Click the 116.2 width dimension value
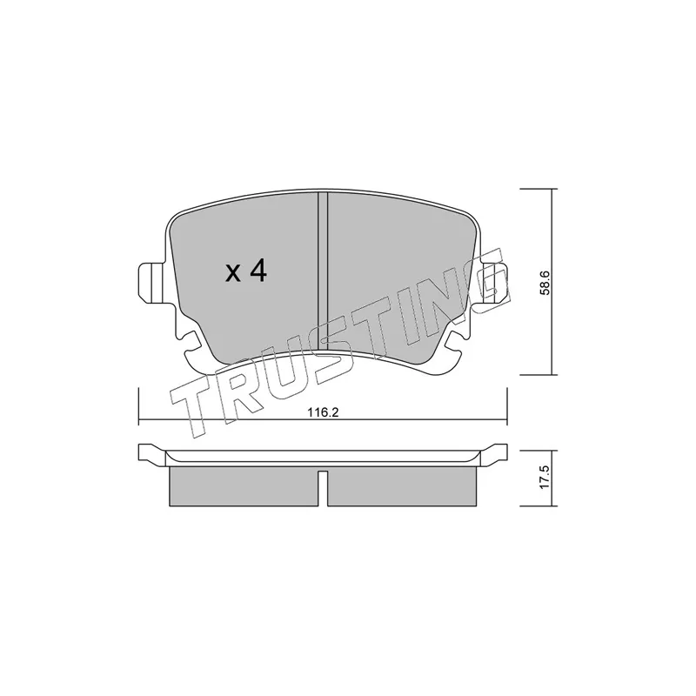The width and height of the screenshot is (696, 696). pyautogui.click(x=323, y=412)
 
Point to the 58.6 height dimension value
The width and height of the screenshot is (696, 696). pyautogui.click(x=545, y=283)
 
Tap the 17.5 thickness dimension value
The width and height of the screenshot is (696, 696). pyautogui.click(x=545, y=477)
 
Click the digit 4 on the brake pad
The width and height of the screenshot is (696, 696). pyautogui.click(x=257, y=271)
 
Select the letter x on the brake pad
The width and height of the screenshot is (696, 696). pyautogui.click(x=232, y=275)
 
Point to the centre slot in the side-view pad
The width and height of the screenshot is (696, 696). pyautogui.click(x=323, y=488)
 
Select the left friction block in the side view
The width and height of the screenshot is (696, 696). pyautogui.click(x=244, y=486)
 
